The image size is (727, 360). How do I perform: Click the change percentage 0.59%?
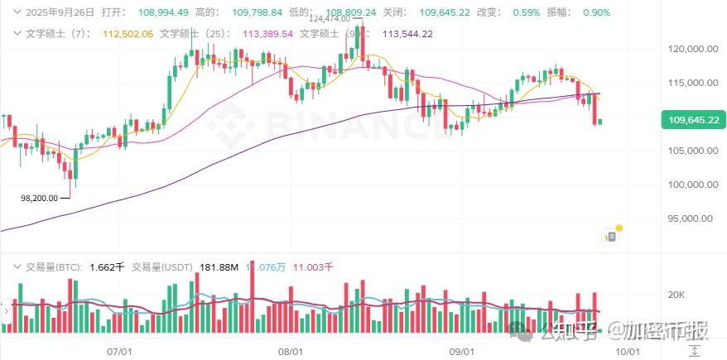click(x=526, y=12)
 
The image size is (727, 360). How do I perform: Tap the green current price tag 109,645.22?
click(x=694, y=121)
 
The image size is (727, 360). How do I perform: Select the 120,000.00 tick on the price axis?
click(x=693, y=50)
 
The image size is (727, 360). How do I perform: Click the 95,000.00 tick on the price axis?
click(x=693, y=219)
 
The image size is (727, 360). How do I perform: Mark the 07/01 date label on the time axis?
click(x=121, y=352)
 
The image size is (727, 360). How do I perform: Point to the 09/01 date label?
click(x=460, y=352)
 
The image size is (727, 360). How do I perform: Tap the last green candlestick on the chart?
click(x=600, y=122)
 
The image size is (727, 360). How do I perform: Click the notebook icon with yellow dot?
click(x=610, y=236)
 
